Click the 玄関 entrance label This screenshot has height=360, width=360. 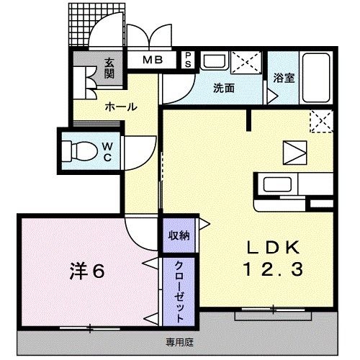click(x=109, y=68)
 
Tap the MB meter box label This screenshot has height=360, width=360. click(x=153, y=60)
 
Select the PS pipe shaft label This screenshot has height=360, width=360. click(x=188, y=60)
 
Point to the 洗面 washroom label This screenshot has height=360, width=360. click(x=224, y=89)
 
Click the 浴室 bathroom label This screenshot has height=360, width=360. click(x=284, y=78)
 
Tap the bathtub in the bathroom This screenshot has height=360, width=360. click(x=316, y=78)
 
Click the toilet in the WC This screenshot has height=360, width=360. click(x=80, y=151)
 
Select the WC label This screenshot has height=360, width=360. click(x=107, y=152)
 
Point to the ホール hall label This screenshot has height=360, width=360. click(x=121, y=107)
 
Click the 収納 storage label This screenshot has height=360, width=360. click(x=179, y=235)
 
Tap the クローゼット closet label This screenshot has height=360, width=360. click(x=179, y=292)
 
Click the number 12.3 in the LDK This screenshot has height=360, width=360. click(x=273, y=269)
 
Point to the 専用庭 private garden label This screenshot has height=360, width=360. click(x=180, y=342)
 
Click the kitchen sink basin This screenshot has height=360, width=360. click(x=277, y=184)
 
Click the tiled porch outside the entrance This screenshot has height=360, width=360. click(x=79, y=24)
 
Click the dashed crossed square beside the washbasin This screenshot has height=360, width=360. click(x=246, y=63)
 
